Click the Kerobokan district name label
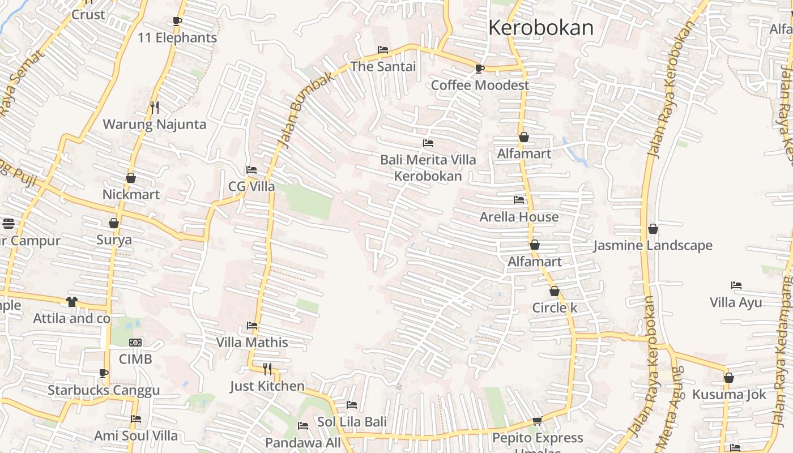(x=541, y=27)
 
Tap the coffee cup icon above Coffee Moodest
(x=480, y=69)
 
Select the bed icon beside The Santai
(x=383, y=50)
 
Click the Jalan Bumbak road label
(x=305, y=110)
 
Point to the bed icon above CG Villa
(x=251, y=170)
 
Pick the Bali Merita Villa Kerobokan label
(x=428, y=168)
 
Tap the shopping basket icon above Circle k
(x=555, y=291)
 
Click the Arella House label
(x=519, y=217)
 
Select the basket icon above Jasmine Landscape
(x=653, y=229)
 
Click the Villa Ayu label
(x=736, y=302)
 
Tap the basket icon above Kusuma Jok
(x=729, y=378)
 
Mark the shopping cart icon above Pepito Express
(x=537, y=421)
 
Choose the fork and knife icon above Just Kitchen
(x=267, y=369)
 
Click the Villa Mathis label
(x=252, y=343)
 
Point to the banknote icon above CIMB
(x=135, y=343)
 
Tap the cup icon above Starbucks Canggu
(x=104, y=373)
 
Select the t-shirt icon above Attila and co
(x=72, y=302)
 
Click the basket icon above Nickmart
(x=131, y=178)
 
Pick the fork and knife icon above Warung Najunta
(x=154, y=107)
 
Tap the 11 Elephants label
(x=177, y=38)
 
